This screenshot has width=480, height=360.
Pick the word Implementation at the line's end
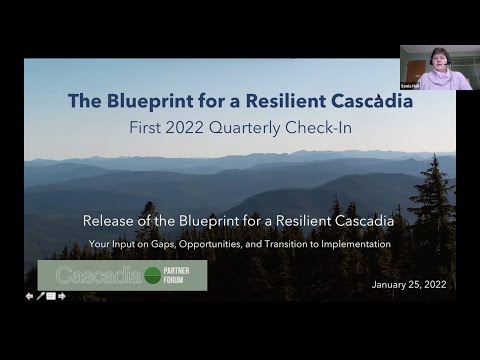point(357,243)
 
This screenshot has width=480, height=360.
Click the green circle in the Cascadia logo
point(152,275)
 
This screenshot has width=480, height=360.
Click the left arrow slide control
point(29,296)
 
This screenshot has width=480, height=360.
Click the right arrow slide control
point(62,296)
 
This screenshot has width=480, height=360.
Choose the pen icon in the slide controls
point(40,296)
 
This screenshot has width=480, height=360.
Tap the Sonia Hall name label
point(409,86)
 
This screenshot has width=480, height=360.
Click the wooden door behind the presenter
point(413,70)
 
